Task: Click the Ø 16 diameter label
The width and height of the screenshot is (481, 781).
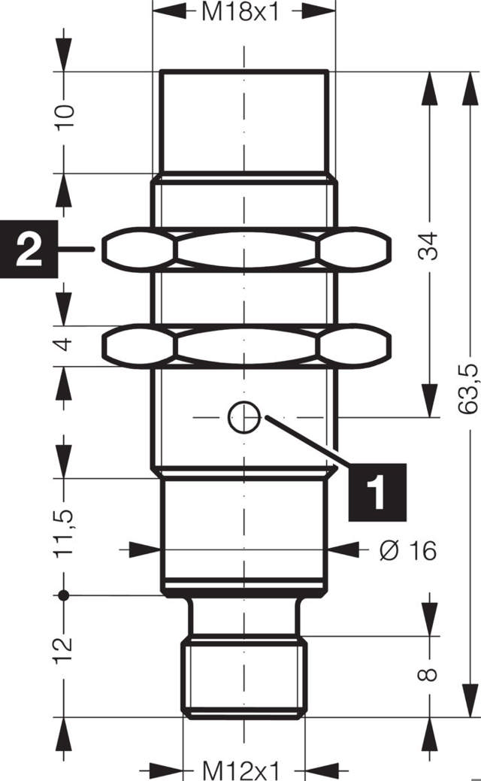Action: (x=407, y=550)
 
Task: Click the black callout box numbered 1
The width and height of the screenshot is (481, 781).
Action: (x=376, y=492)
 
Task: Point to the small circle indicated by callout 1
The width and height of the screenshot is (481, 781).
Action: (x=244, y=417)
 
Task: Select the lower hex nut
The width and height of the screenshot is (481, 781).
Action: (x=246, y=345)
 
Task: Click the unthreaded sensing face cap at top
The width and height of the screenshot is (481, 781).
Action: (x=245, y=122)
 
